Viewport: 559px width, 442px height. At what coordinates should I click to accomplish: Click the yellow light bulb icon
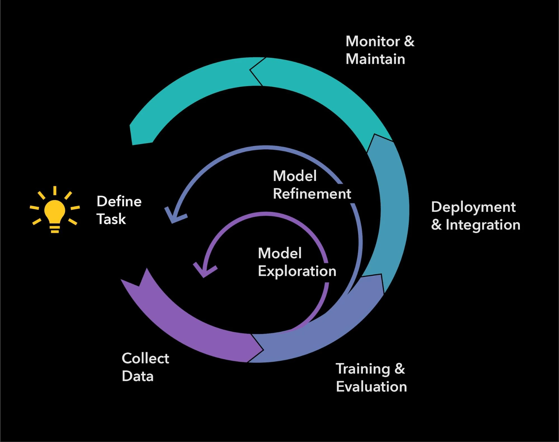point(55,213)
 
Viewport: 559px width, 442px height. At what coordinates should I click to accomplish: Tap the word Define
point(119,201)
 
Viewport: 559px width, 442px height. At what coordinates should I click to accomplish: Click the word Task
point(111,219)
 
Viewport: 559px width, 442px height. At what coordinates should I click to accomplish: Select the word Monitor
point(373,41)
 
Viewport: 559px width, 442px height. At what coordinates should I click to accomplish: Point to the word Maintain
point(375,59)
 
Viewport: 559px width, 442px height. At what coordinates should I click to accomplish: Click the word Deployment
point(473,207)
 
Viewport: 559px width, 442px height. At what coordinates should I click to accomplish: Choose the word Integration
point(483,225)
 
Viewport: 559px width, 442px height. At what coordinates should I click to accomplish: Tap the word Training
point(363,369)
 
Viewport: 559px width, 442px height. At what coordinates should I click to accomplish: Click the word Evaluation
point(371,387)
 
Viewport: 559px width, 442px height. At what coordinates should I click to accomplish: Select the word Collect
point(145,358)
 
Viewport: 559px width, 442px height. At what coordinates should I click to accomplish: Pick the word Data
point(138,376)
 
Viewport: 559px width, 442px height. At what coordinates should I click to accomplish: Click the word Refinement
point(312,194)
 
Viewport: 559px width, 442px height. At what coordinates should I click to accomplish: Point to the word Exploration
point(297,271)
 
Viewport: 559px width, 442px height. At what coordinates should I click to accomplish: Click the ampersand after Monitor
point(409,41)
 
